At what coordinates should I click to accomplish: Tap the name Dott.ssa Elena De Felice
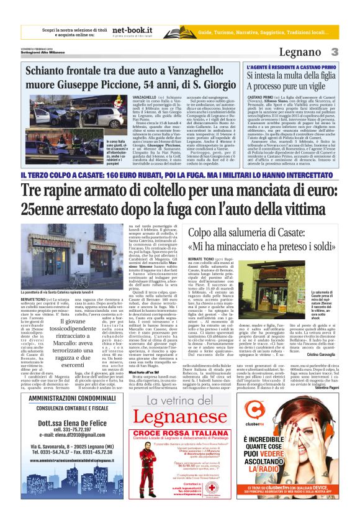[x=60, y=434]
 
